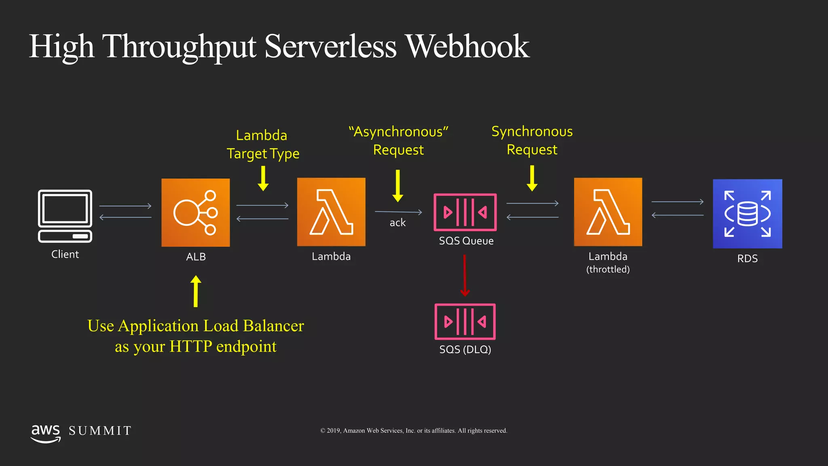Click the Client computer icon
tap(65, 216)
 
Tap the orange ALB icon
tap(196, 213)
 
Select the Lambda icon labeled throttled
tap(608, 212)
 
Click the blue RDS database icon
tap(747, 214)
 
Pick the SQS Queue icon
tap(465, 212)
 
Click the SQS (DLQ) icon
tap(465, 322)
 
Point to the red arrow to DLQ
tap(465, 275)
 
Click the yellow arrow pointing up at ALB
tap(196, 291)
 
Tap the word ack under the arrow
tap(397, 223)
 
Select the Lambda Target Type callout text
tap(263, 144)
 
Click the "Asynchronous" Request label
tap(399, 140)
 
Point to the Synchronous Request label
tap(532, 140)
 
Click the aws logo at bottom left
tap(46, 433)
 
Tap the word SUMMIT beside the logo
tap(100, 431)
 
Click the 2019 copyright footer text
tap(414, 431)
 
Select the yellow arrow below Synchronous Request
tap(532, 178)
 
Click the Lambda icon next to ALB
tap(331, 212)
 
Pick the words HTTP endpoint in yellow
tap(223, 347)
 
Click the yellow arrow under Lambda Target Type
tap(263, 178)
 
